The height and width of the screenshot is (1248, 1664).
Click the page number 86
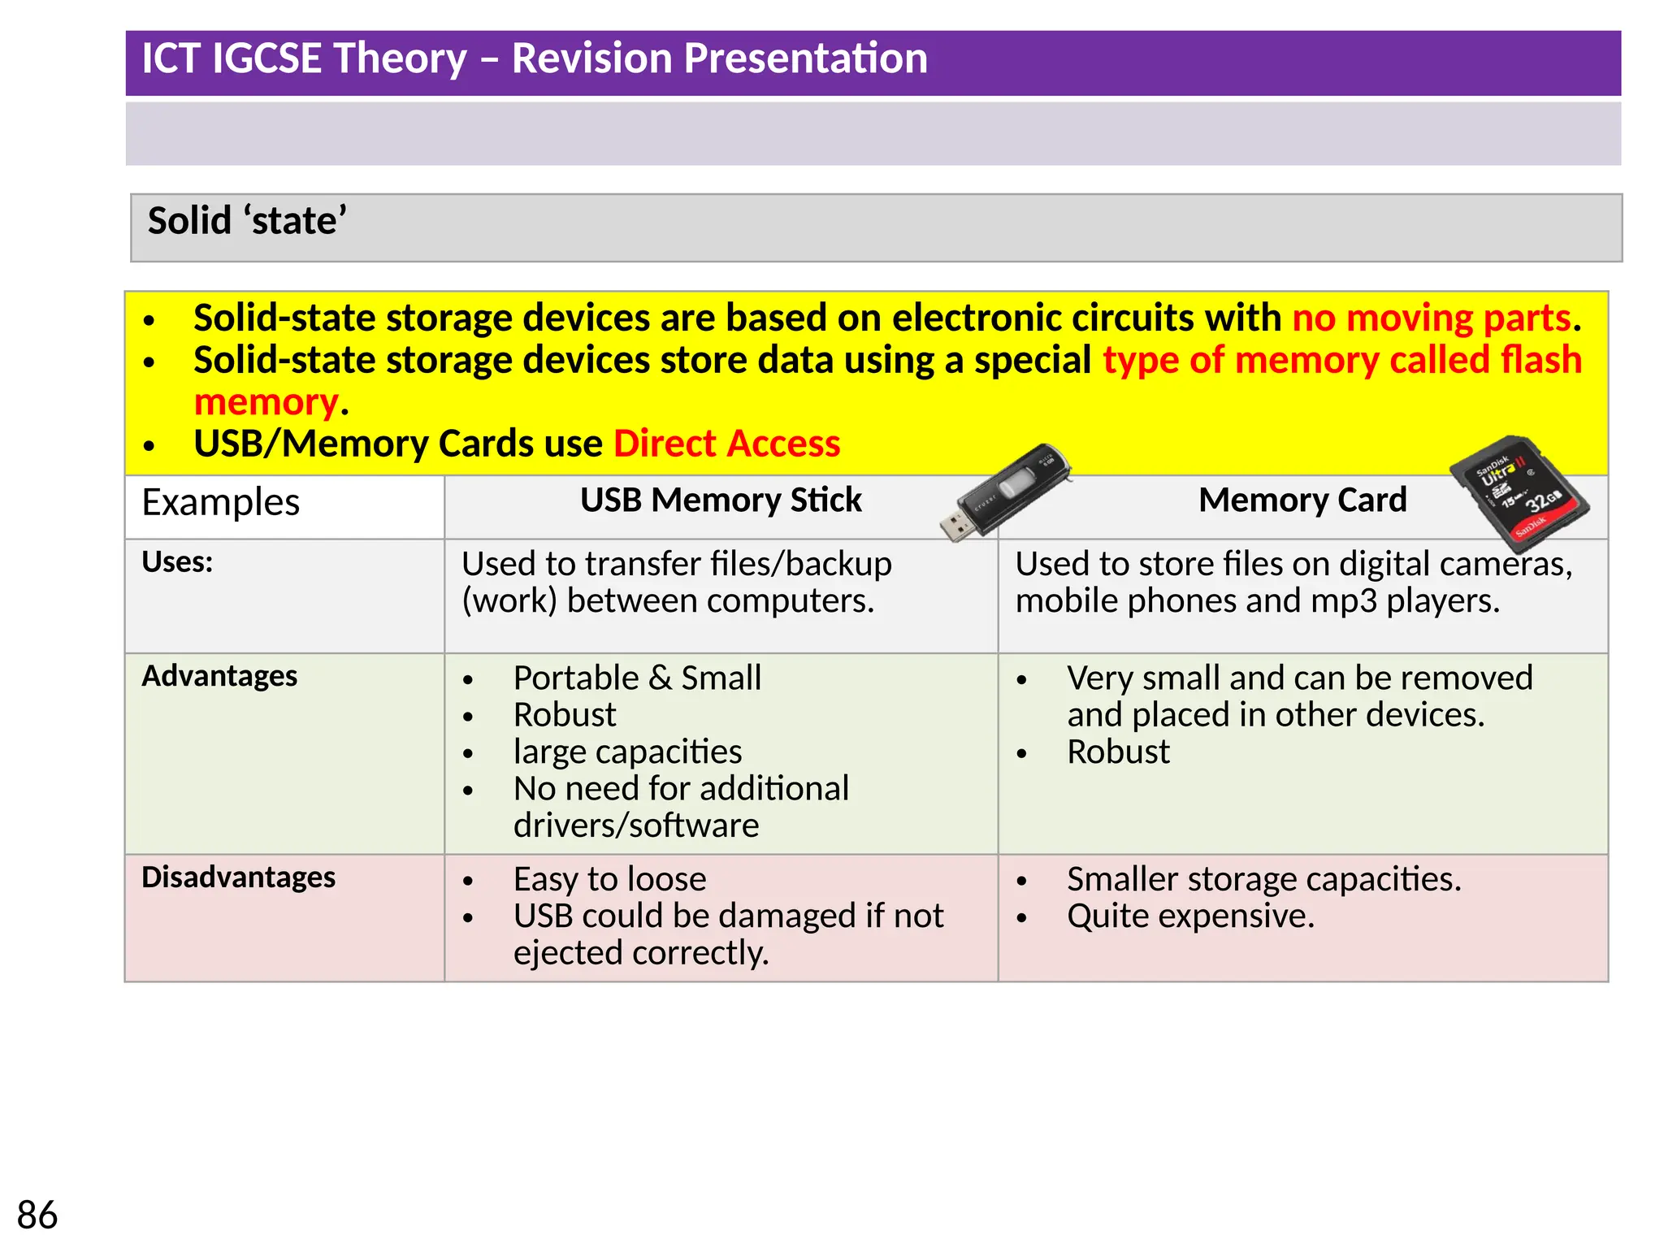pos(37,1215)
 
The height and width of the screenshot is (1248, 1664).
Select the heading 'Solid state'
pos(247,221)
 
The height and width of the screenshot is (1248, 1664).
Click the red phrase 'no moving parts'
pos(1431,318)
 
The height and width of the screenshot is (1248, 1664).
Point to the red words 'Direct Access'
pos(726,444)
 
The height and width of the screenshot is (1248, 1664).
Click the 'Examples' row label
pos(220,502)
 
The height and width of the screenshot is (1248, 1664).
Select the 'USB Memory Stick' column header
pos(721,500)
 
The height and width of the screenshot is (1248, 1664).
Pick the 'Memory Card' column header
pos(1302,500)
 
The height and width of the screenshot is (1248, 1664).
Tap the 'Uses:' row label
pos(177,562)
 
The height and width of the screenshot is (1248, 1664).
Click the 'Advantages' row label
pos(219,676)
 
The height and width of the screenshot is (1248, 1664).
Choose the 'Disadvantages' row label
pos(238,877)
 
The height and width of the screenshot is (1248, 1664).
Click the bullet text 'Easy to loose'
pos(609,879)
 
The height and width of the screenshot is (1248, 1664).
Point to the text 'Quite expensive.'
pos(1190,916)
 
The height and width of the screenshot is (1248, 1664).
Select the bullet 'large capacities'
pos(627,752)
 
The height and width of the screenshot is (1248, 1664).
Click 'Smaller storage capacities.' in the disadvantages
pos(1263,879)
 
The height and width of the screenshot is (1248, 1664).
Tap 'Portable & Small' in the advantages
pos(637,678)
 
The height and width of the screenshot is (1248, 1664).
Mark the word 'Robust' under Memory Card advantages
pos(1118,752)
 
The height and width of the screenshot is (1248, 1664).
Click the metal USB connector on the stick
pos(957,526)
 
